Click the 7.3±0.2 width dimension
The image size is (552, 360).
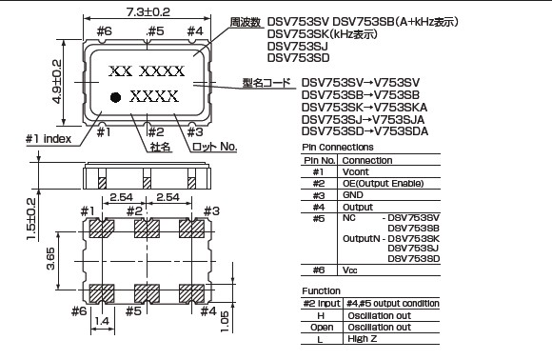[x=148, y=12]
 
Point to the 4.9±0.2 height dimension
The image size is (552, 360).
[x=57, y=81]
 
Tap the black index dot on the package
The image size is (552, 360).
[x=115, y=97]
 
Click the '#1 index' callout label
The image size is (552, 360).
[x=49, y=139]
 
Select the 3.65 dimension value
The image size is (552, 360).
[x=50, y=259]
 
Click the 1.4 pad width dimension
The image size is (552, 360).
[x=102, y=321]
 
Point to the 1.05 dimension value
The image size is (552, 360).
[x=225, y=321]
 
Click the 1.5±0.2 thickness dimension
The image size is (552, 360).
[x=31, y=219]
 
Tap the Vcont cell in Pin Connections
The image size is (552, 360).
[x=356, y=171]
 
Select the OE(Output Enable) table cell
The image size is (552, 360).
[x=383, y=183]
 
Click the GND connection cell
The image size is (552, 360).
[x=353, y=195]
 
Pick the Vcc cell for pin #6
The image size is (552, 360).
[x=349, y=270]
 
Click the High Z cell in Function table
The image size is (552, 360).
[x=363, y=338]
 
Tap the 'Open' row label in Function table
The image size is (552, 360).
[x=322, y=328]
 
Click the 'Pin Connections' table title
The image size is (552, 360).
[x=338, y=147]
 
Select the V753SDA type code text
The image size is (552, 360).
[x=401, y=131]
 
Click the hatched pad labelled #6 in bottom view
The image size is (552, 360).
[x=102, y=293]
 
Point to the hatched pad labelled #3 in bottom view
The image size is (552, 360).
[x=191, y=229]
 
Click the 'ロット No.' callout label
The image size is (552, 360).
[x=214, y=147]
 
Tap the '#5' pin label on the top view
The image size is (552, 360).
[x=155, y=31]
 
